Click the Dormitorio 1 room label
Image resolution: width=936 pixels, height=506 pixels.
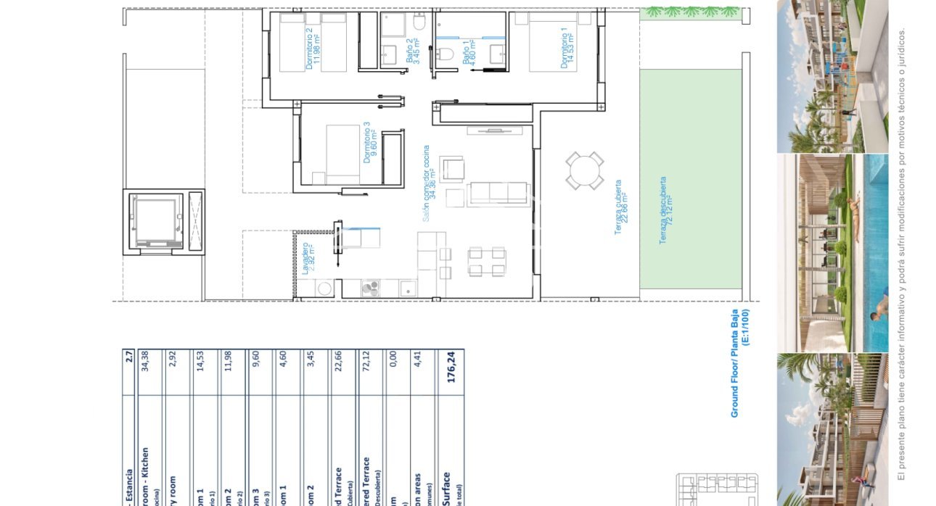pyautogui.click(x=568, y=48)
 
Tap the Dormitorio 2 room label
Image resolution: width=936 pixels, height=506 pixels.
pyautogui.click(x=313, y=48)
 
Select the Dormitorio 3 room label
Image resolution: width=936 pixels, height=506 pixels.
pyautogui.click(x=371, y=142)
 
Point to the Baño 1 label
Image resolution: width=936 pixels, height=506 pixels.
pyautogui.click(x=470, y=52)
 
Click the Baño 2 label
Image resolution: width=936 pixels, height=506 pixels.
pyautogui.click(x=412, y=51)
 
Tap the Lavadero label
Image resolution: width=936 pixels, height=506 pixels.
pyautogui.click(x=308, y=258)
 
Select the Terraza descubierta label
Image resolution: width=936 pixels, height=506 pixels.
pyautogui.click(x=665, y=210)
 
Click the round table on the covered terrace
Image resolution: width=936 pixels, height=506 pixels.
pyautogui.click(x=585, y=171)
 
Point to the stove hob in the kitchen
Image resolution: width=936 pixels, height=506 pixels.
pyautogui.click(x=369, y=288)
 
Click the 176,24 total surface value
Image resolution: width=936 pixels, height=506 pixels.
pyautogui.click(x=451, y=368)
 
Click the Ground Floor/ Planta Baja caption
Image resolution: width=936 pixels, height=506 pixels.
pyautogui.click(x=739, y=362)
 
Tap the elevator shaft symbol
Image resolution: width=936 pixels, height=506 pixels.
pyautogui.click(x=155, y=220)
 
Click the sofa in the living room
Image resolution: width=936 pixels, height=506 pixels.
pyautogui.click(x=498, y=193)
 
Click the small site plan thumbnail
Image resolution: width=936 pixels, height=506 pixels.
pyautogui.click(x=717, y=489)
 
